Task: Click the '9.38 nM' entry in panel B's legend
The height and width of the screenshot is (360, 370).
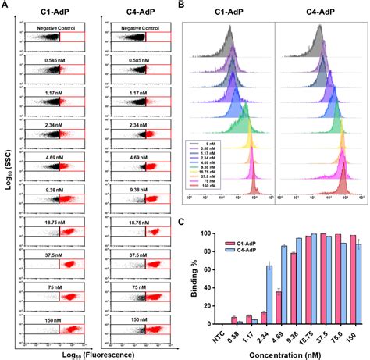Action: tap(206, 176)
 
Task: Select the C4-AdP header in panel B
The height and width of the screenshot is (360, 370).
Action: tap(322, 12)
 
